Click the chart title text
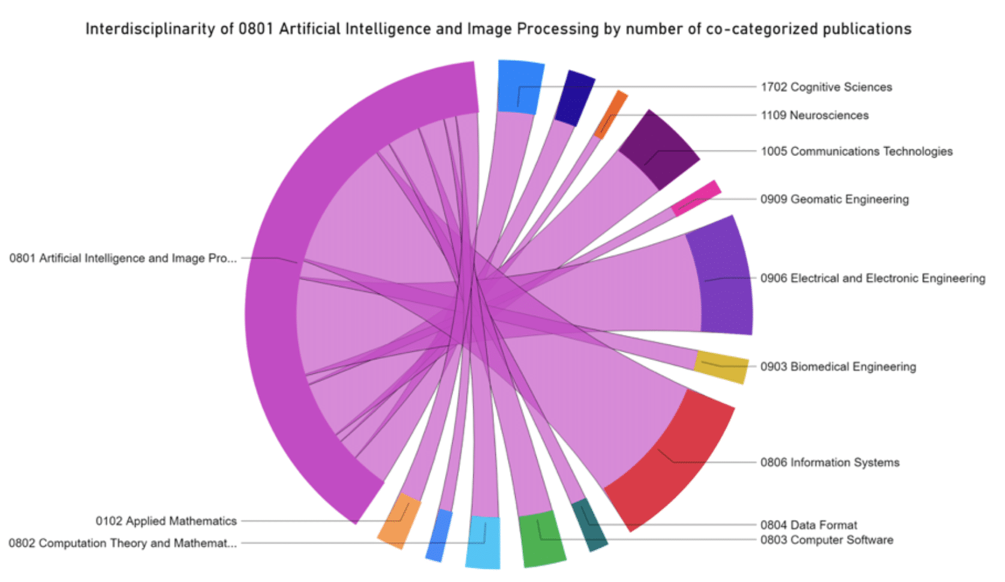click(x=498, y=29)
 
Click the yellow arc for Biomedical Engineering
click(x=721, y=366)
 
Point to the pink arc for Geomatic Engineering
click(x=696, y=198)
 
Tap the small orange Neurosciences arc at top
click(x=610, y=114)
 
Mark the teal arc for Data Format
click(x=589, y=525)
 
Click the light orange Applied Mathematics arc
click(x=399, y=521)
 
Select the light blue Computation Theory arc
click(x=483, y=542)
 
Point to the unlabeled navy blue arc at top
click(x=574, y=98)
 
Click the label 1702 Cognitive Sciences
click(x=826, y=87)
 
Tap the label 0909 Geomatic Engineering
click(x=834, y=199)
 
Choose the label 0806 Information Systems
click(x=829, y=463)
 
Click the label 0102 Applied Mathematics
click(x=166, y=521)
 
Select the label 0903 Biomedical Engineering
click(x=838, y=367)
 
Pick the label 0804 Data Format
click(x=808, y=525)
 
